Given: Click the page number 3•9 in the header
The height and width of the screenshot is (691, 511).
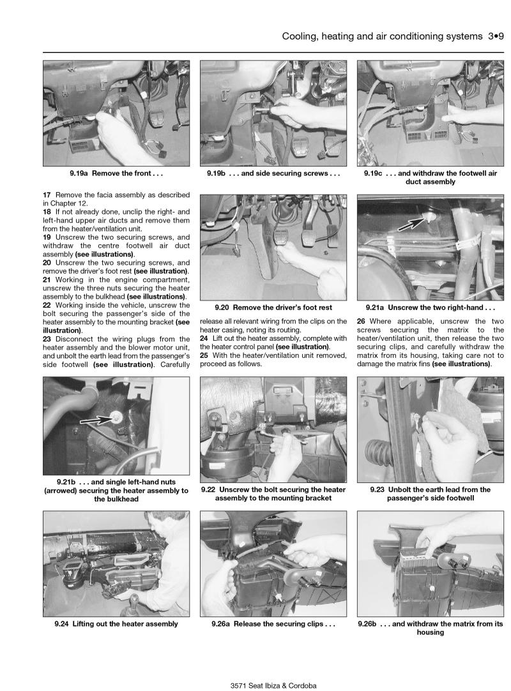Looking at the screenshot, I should click(493, 37).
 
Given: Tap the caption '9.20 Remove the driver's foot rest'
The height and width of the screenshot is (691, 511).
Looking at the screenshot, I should click(273, 307).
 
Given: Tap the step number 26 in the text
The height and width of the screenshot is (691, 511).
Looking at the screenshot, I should click(362, 322).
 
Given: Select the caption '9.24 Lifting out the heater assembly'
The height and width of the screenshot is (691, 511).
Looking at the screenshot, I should click(116, 624).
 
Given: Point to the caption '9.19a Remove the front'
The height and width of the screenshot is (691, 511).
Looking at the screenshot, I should click(116, 173).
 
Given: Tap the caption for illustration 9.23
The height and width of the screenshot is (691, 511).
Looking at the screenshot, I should click(431, 494).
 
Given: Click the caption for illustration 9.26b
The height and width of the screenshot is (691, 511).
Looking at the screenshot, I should click(431, 628).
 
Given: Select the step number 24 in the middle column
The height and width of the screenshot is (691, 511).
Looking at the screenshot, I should click(204, 338).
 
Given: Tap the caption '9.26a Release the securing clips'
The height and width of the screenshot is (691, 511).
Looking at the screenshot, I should click(273, 624).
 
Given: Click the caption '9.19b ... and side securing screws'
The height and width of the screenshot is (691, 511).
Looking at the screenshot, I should click(273, 173).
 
